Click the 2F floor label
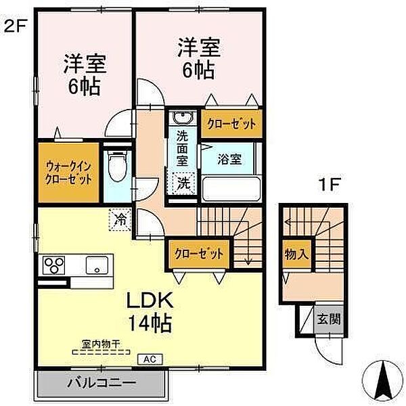[x=15, y=26]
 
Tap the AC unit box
[x=150, y=359]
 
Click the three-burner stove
[x=53, y=265]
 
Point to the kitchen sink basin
[x=97, y=265]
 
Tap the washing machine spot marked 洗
[x=183, y=183]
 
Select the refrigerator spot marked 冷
[x=120, y=219]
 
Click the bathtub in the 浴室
[x=231, y=188]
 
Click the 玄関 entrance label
[x=329, y=319]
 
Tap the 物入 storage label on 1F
[x=296, y=254]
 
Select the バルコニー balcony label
[x=101, y=383]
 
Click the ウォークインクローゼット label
[x=68, y=173]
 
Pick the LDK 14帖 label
[x=150, y=312]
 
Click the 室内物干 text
[x=101, y=344]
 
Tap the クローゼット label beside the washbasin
[x=231, y=124]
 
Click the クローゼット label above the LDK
[x=199, y=254]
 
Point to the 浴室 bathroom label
[x=229, y=159]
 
